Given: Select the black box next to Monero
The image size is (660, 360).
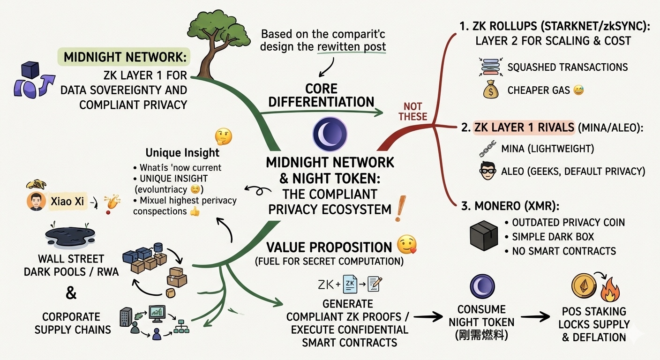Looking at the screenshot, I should click(483, 235).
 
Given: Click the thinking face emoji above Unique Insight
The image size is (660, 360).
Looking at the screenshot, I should click(223, 136).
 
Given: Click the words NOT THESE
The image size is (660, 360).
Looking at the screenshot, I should click(412, 111).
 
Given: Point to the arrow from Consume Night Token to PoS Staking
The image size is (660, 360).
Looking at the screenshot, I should click(536, 317).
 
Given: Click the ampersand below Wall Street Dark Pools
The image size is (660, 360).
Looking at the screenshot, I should click(71, 293).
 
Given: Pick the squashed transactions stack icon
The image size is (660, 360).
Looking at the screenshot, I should click(491, 67).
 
